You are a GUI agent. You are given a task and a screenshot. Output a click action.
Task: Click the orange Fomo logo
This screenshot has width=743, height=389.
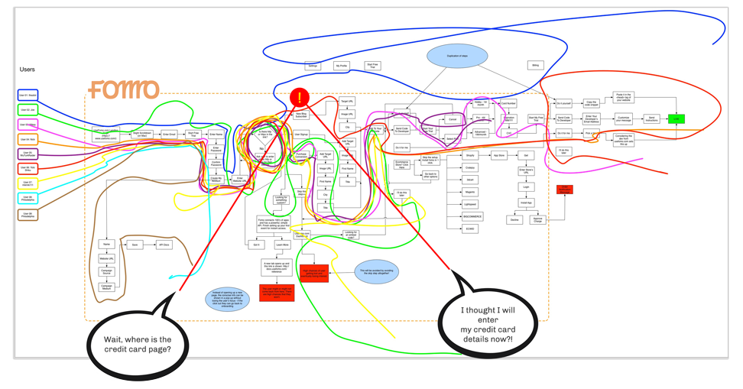click(x=123, y=90)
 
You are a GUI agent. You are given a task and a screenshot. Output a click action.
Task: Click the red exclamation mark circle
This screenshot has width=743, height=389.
click(x=300, y=98)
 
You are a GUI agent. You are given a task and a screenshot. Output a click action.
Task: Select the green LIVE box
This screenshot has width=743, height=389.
click(x=676, y=118)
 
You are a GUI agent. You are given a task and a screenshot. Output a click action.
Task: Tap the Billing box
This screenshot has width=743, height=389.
click(x=536, y=66)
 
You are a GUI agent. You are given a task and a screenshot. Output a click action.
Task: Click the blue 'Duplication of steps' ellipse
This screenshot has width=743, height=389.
click(x=457, y=56)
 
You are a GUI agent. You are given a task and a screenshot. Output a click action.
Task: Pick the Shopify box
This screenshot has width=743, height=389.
click(x=470, y=155)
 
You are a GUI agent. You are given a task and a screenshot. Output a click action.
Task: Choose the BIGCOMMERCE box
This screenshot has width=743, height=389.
click(x=471, y=216)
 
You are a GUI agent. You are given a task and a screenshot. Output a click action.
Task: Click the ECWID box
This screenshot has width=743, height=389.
click(x=470, y=229)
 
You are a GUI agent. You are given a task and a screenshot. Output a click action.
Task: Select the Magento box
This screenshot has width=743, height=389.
click(x=470, y=192)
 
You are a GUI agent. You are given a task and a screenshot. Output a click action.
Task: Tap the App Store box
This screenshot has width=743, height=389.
click(x=498, y=155)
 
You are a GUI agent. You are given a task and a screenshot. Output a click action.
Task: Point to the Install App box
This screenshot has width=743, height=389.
click(x=526, y=203)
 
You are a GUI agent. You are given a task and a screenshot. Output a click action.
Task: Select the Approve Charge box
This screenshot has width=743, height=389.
click(x=538, y=219)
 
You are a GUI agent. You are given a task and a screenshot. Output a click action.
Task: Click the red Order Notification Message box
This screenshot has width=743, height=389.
click(x=564, y=189)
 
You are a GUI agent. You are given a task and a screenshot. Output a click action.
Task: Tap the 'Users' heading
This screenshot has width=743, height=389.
click(x=28, y=70)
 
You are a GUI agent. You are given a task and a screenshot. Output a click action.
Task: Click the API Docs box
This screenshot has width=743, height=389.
click(x=164, y=245)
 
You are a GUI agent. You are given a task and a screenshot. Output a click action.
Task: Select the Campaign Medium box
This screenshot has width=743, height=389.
click(x=107, y=287)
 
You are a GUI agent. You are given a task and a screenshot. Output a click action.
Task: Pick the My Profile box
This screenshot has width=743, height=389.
click(x=342, y=66)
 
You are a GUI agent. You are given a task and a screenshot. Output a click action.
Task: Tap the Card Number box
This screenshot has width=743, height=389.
click(x=508, y=103)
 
